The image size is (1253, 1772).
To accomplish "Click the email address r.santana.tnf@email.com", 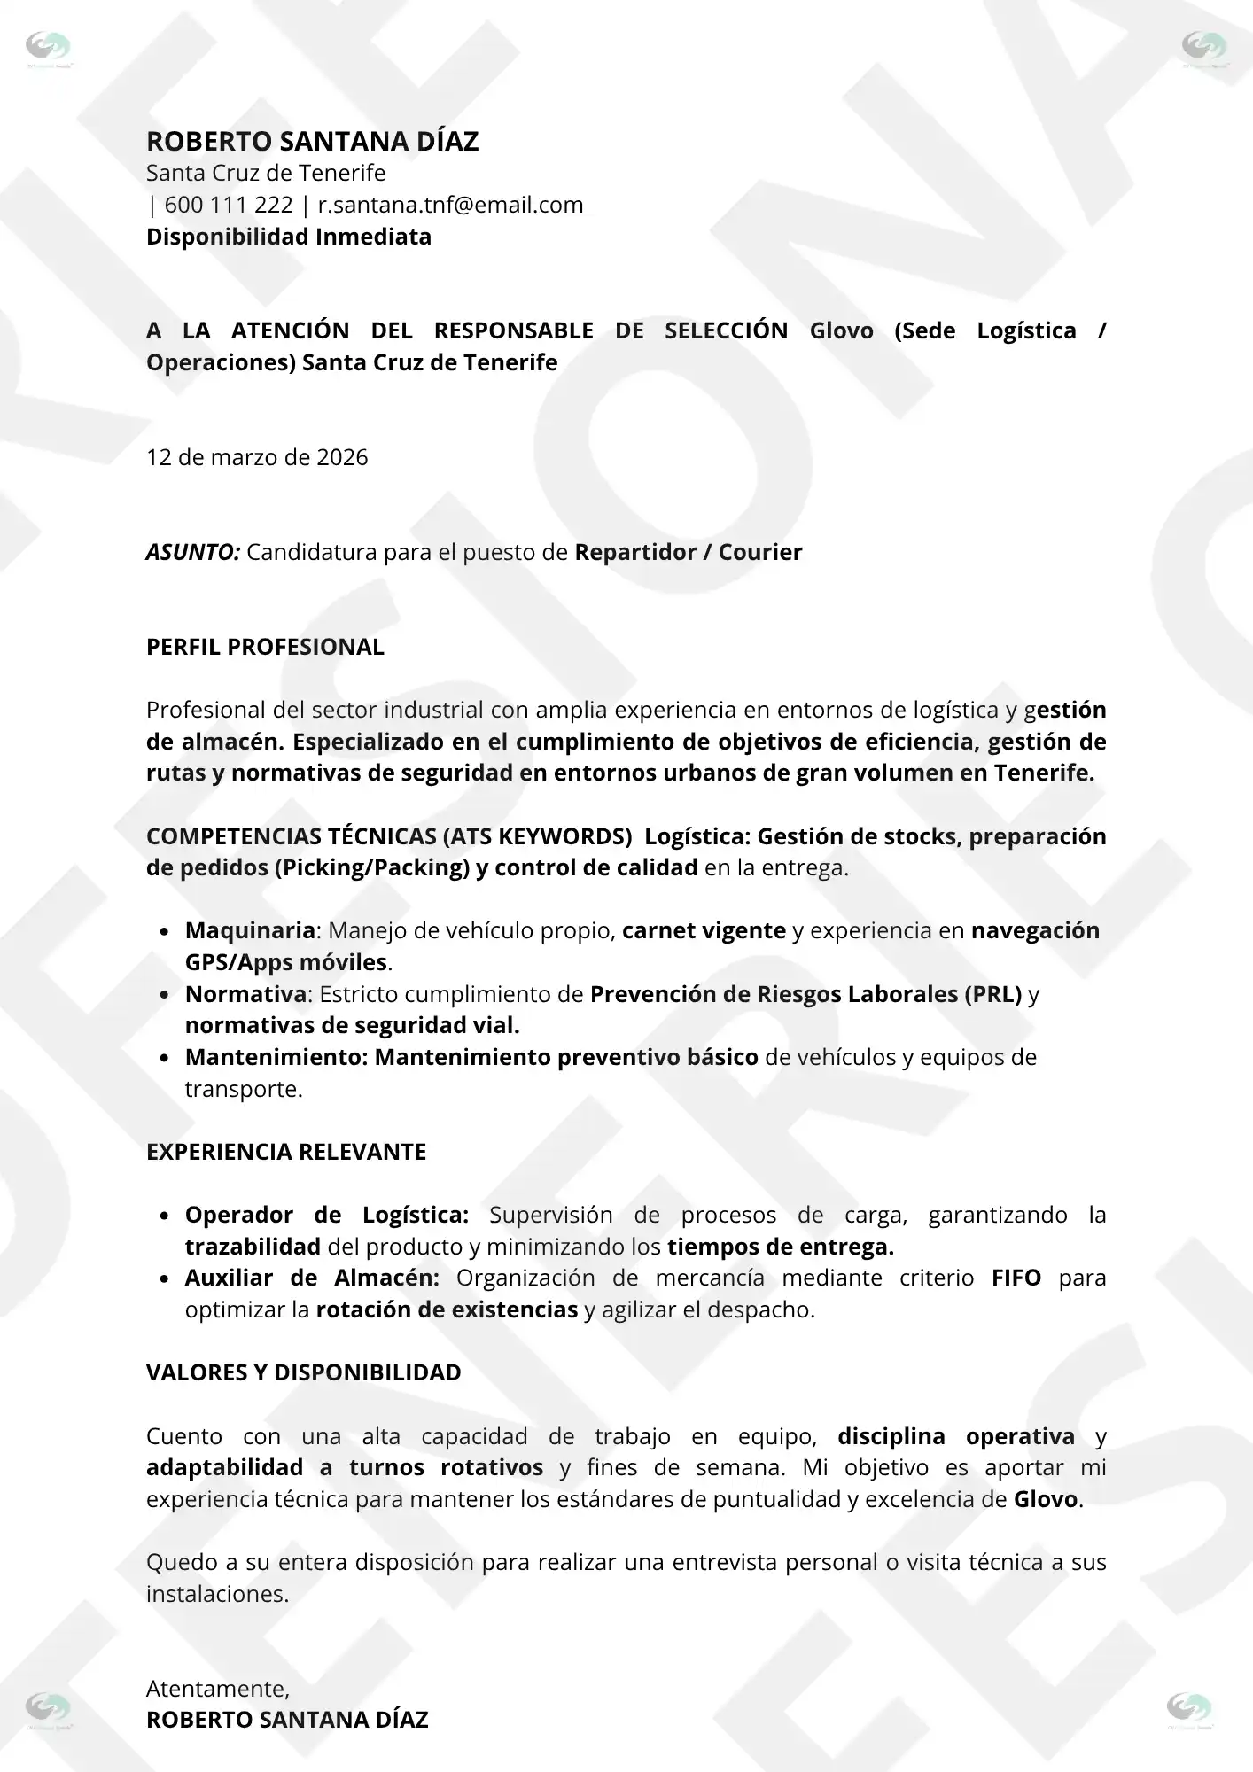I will point(450,205).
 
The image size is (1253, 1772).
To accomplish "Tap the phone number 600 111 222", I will point(229,205).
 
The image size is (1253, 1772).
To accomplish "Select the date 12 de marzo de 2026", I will point(257,457).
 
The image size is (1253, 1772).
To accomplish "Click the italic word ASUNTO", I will point(192,552).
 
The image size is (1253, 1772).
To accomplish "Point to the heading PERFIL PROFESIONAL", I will point(265,647).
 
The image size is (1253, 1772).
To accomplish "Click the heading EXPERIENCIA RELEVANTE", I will point(286,1152).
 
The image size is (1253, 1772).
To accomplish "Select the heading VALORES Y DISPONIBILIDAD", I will point(304,1372).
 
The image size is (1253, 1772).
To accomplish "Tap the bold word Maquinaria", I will point(250,930).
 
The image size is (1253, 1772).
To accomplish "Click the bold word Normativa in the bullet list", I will point(245,994).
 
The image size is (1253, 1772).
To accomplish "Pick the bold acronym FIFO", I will point(1016,1278).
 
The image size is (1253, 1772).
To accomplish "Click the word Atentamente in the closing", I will point(217,1688).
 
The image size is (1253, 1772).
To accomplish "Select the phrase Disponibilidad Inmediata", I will point(289,237).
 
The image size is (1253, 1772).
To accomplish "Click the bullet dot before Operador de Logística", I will point(165,1216).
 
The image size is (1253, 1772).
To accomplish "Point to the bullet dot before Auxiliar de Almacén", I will point(165,1278).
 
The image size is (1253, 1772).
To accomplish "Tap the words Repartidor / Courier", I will point(689,552).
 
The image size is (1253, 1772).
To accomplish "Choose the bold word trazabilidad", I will point(253,1247).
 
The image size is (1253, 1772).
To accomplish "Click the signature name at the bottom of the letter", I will point(287,1720).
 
